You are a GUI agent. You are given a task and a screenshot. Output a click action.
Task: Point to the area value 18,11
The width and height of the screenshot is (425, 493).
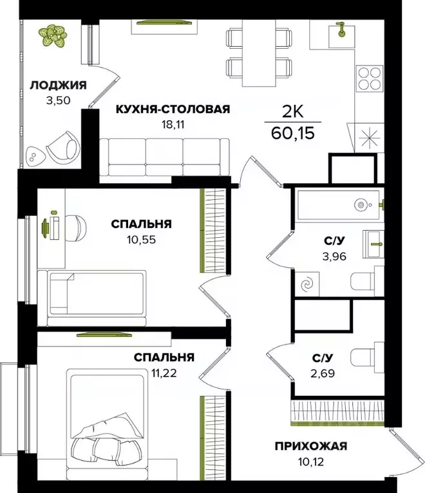point(172,124)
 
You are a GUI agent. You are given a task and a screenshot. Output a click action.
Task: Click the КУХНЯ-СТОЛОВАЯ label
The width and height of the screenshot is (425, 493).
point(172,109)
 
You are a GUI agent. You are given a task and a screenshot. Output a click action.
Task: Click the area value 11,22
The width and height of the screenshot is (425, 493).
point(164,372)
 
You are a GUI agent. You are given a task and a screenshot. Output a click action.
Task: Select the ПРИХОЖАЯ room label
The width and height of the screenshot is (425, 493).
point(311,446)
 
